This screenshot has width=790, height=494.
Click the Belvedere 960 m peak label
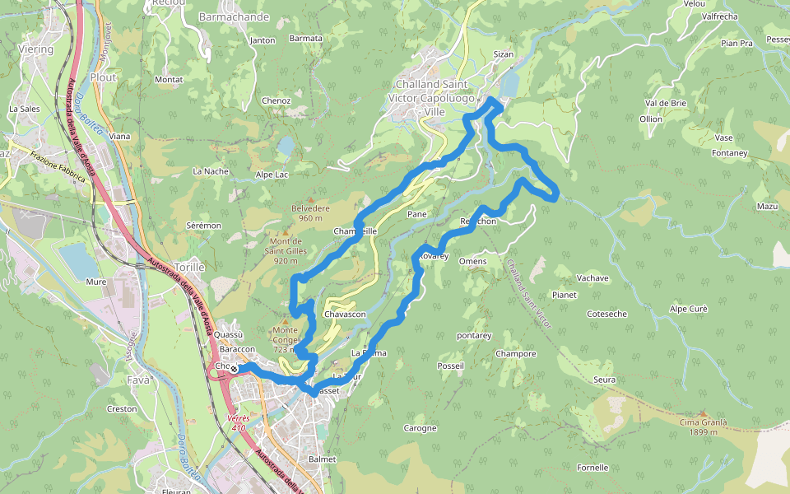(309, 213)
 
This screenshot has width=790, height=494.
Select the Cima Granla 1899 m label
(703, 426)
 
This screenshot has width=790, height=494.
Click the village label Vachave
(592, 278)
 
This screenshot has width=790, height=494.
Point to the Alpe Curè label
(689, 309)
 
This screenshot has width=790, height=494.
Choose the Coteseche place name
(607, 314)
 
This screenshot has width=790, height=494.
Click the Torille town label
(189, 268)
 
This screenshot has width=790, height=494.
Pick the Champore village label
(516, 354)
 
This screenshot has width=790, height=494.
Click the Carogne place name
(420, 428)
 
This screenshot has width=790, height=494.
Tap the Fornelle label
(592, 468)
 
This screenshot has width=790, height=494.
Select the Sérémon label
(204, 225)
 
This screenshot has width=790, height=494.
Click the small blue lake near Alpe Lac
(285, 146)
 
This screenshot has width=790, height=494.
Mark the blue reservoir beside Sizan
(509, 83)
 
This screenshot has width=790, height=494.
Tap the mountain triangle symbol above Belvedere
(310, 199)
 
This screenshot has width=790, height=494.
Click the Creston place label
(122, 409)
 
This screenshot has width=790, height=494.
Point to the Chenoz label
(276, 100)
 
